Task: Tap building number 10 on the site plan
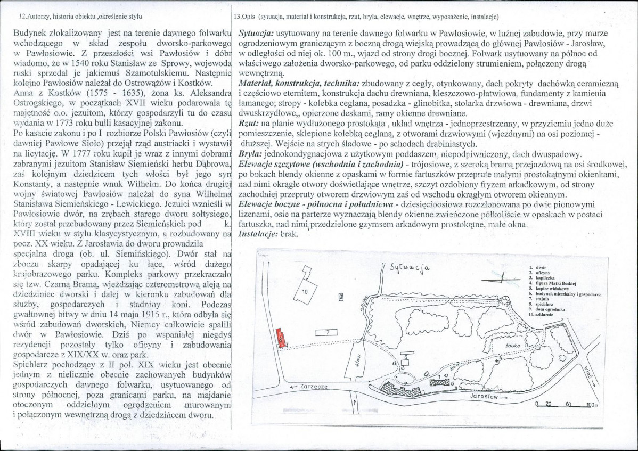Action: (305, 292)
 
